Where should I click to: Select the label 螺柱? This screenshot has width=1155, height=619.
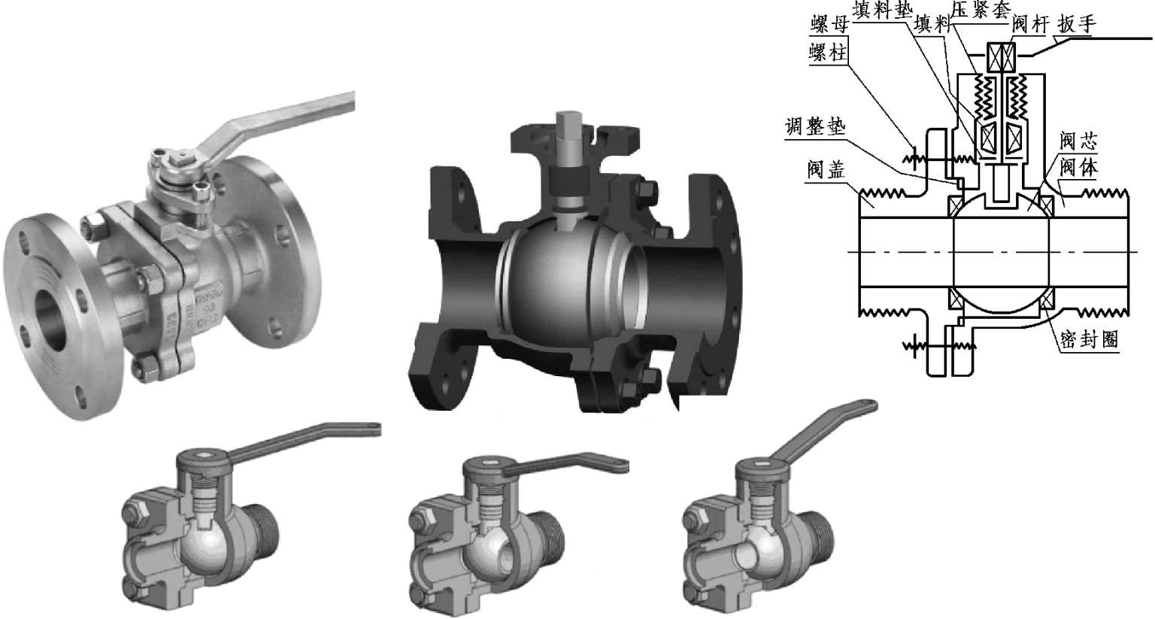pyautogui.click(x=828, y=53)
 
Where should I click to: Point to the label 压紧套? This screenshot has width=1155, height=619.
pyautogui.click(x=981, y=9)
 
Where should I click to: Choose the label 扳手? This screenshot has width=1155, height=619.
pyautogui.click(x=1077, y=24)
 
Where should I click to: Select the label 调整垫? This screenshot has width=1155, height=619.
pyautogui.click(x=815, y=126)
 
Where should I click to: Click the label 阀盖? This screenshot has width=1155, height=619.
pyautogui.click(x=826, y=169)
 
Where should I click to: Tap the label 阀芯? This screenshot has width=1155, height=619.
pyautogui.click(x=1079, y=141)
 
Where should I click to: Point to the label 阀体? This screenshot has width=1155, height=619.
pyautogui.click(x=1079, y=167)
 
